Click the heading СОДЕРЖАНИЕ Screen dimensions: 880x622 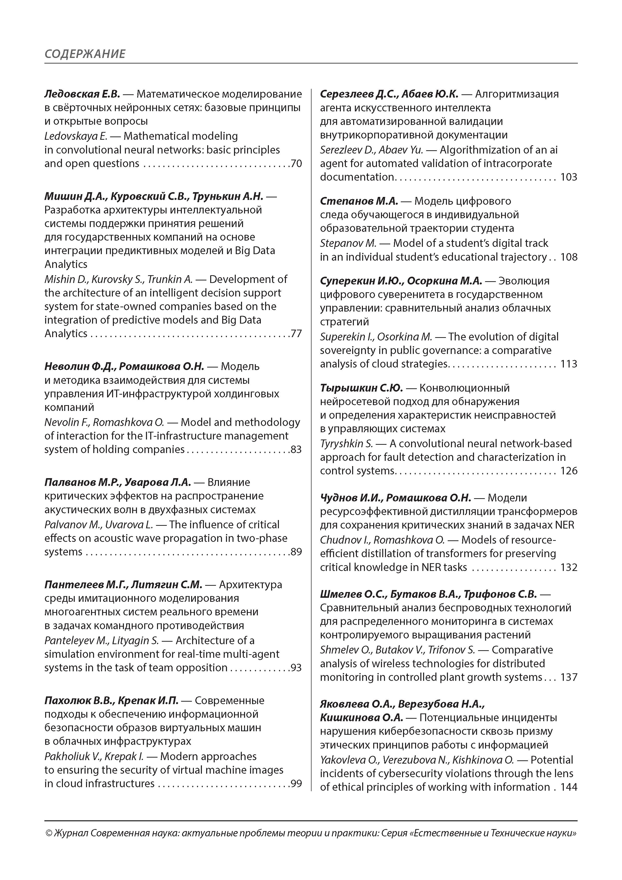[x=85, y=54]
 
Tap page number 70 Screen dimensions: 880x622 [x=296, y=164]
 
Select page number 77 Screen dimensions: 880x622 [x=296, y=333]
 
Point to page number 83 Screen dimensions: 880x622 [x=296, y=449]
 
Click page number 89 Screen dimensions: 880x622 [x=296, y=552]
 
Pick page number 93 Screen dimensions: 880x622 [x=296, y=668]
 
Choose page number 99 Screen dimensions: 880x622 [x=296, y=783]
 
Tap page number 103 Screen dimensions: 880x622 [x=569, y=177]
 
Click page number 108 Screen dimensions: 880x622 [x=569, y=257]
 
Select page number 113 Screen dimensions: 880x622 [x=569, y=364]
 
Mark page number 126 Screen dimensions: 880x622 [x=569, y=471]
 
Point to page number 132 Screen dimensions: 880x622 [x=569, y=567]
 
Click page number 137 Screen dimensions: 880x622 [x=569, y=677]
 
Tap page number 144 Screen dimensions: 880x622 [x=569, y=787]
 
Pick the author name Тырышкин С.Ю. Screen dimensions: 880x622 [x=361, y=388]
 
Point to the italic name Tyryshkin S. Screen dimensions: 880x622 [x=346, y=444]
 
